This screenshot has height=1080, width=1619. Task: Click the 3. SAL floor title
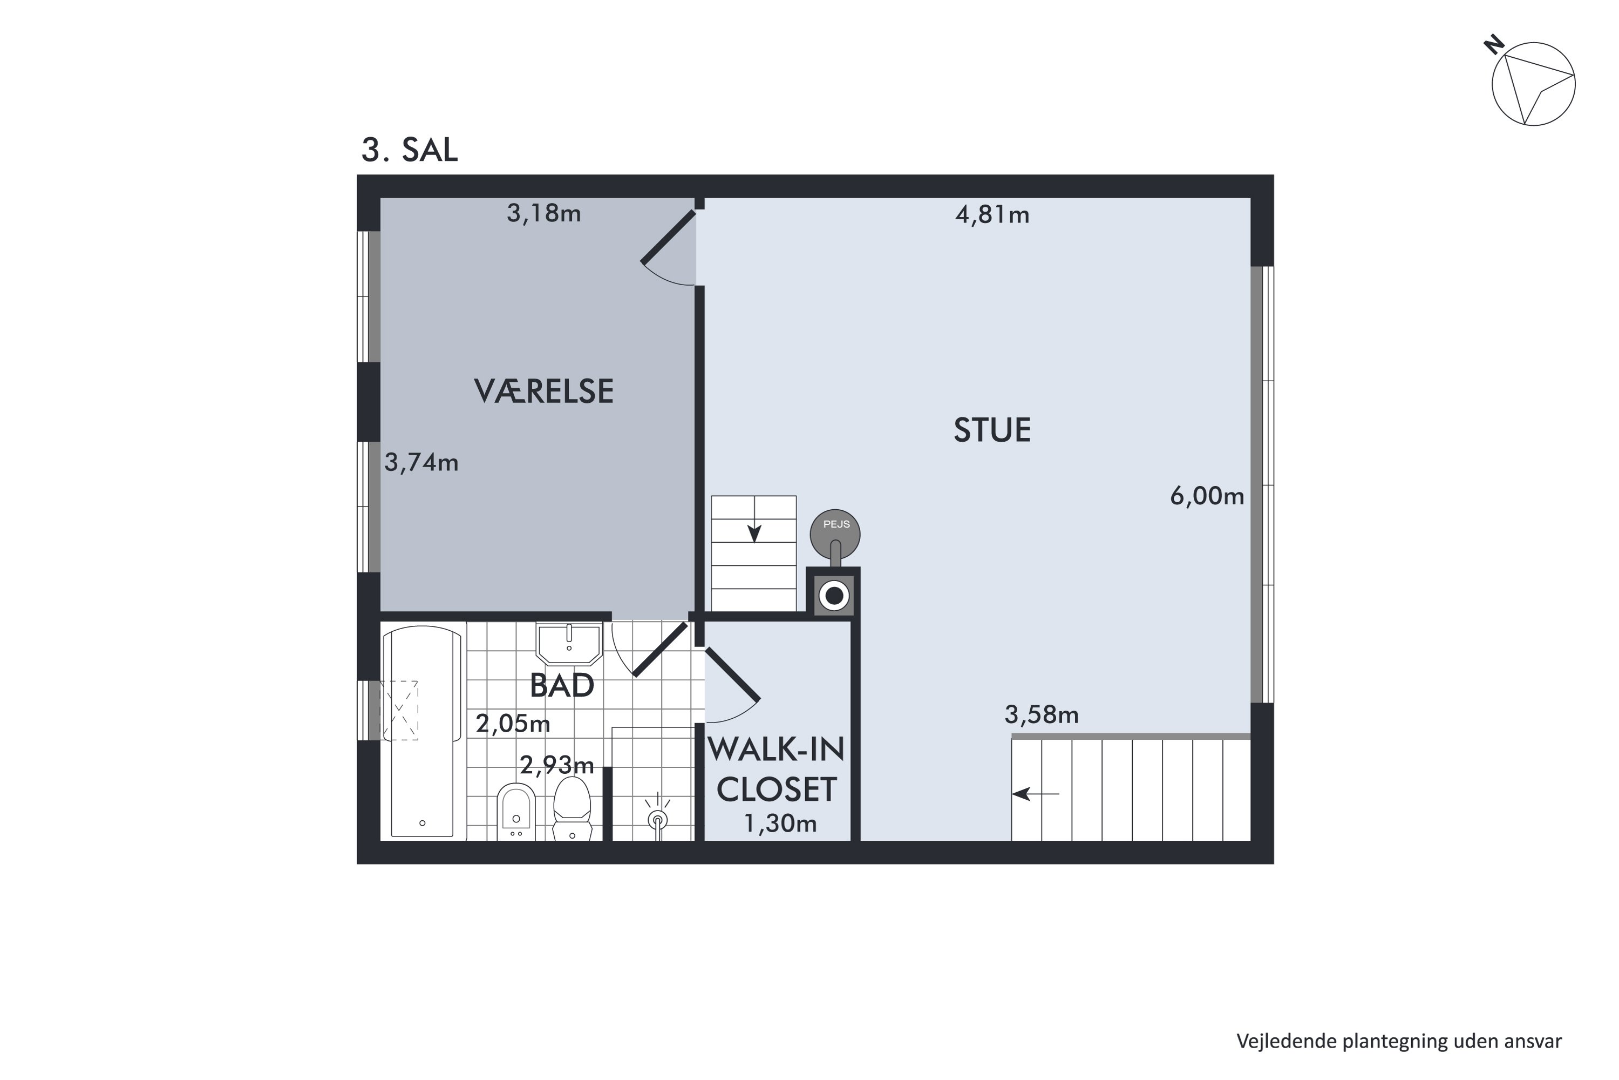click(x=410, y=150)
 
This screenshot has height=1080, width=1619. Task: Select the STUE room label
click(x=991, y=430)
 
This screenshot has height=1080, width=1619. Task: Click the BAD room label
click(x=562, y=686)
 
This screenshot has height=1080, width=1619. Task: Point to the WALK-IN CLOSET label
click(x=776, y=769)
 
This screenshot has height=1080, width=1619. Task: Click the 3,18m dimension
click(x=544, y=213)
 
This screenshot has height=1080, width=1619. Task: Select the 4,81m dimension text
click(x=991, y=215)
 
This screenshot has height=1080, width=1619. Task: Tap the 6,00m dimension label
click(x=1206, y=496)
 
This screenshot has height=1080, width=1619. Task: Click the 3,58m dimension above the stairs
click(x=1041, y=715)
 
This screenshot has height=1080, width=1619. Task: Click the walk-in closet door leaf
click(x=732, y=674)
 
